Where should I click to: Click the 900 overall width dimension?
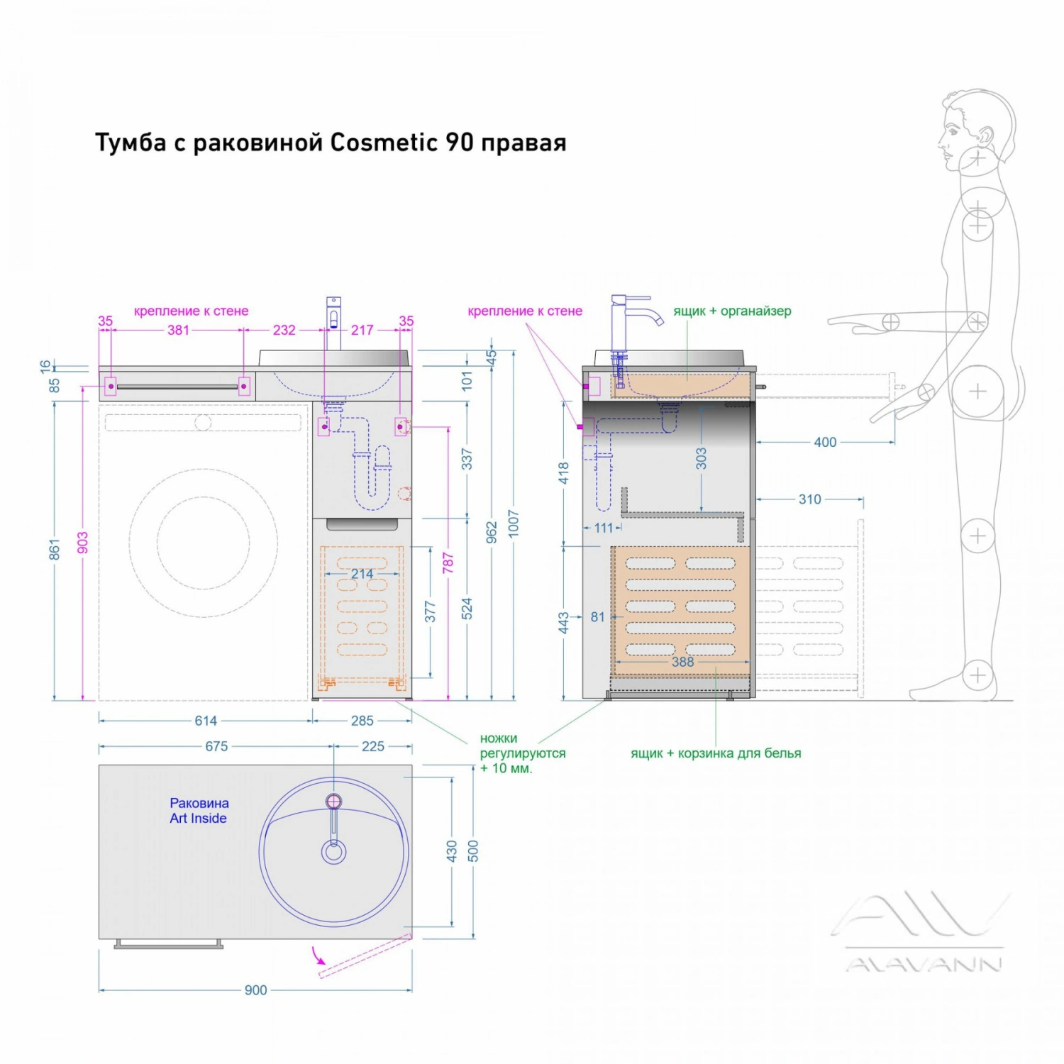coord(255,990)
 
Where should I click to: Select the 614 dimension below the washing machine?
coord(206,721)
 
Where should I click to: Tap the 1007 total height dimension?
coord(514,523)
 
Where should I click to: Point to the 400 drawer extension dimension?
coord(825,442)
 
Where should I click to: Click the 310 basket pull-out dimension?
coord(809,499)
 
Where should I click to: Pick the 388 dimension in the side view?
coord(682,662)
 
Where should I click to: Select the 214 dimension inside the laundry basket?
coord(362,574)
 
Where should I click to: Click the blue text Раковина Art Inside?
coord(199,811)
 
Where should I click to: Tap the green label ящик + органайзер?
coord(732,311)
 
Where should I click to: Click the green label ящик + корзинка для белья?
coord(716,753)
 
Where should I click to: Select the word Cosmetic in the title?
coord(384,143)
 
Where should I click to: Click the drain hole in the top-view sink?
coord(333,851)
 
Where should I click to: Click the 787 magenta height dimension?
coord(448,563)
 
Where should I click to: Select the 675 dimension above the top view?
coord(216,746)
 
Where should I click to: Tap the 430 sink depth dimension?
coord(452,851)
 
